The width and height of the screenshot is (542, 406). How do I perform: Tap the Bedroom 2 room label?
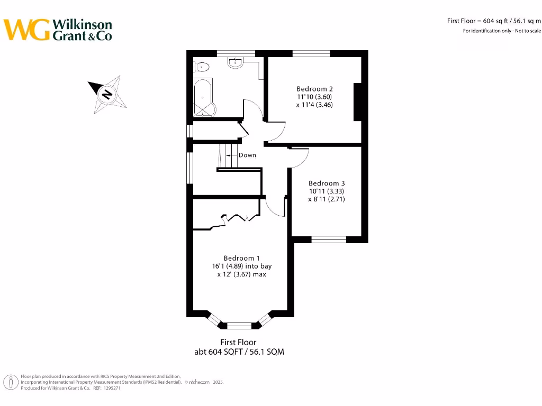pos(314,89)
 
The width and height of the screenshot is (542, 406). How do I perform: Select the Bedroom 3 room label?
pos(327,183)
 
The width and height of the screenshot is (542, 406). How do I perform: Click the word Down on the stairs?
pos(247,155)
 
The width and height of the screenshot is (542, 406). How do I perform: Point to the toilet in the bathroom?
pos(202,67)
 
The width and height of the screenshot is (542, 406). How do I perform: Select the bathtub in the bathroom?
pos(204,97)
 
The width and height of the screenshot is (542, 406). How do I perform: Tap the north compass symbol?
pos(107,95)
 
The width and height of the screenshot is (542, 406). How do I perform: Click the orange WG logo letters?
pos(26,30)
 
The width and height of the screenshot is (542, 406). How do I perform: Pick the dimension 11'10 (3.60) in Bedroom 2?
pos(314,97)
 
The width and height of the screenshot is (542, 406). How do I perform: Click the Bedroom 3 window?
pos(329,239)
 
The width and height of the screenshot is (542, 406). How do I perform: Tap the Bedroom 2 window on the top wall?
pos(311,53)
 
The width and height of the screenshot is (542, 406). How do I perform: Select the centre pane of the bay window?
pos(239,326)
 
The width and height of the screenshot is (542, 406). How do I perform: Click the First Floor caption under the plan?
pos(238,343)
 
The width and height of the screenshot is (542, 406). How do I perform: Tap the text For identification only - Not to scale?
pos(502,31)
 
